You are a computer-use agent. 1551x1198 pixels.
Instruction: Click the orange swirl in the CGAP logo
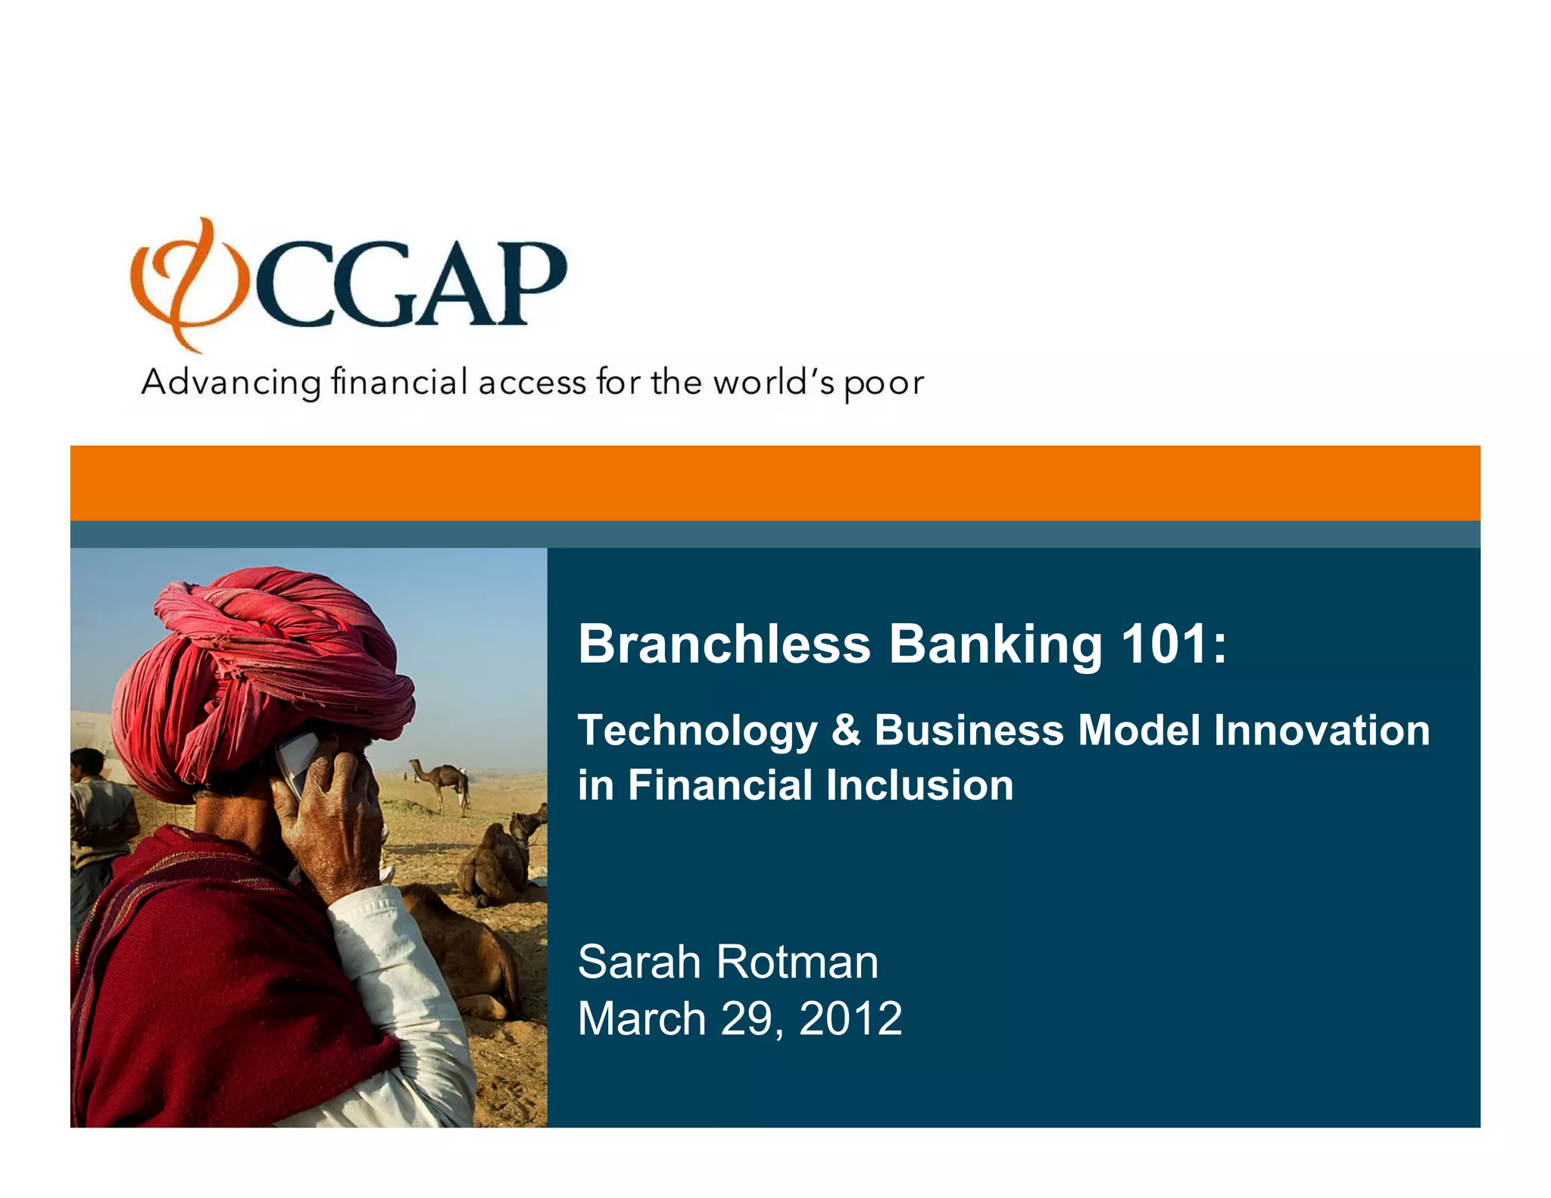click(x=186, y=284)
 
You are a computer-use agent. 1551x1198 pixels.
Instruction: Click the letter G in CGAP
click(x=367, y=284)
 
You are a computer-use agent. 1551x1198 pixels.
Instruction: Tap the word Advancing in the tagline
click(x=231, y=383)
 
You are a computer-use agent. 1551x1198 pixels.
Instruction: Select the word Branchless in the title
click(x=724, y=644)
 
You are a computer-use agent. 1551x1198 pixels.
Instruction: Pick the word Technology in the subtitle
click(x=697, y=732)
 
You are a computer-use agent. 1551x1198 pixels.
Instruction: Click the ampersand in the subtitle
click(x=846, y=731)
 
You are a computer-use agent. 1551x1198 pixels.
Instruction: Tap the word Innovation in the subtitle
click(x=1322, y=731)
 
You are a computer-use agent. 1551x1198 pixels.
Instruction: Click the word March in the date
click(x=641, y=1019)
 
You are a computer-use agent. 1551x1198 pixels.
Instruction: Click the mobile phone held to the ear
click(x=297, y=761)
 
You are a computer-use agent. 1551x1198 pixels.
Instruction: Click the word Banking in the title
click(x=995, y=644)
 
